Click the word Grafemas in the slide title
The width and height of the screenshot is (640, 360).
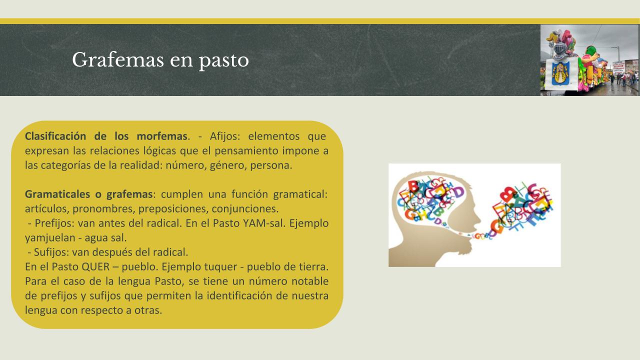(x=118, y=60)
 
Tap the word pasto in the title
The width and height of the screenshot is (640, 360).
(x=223, y=61)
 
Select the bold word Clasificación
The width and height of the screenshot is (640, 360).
(x=55, y=136)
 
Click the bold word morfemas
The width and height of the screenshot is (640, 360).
(x=162, y=136)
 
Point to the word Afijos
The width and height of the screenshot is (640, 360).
(x=225, y=136)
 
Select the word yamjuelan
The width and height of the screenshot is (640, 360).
(x=50, y=238)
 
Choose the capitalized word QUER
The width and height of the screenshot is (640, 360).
(x=95, y=267)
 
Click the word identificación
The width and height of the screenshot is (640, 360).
(x=239, y=295)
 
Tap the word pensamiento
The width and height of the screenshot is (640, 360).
(x=246, y=151)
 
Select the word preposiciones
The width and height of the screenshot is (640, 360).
(x=173, y=209)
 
